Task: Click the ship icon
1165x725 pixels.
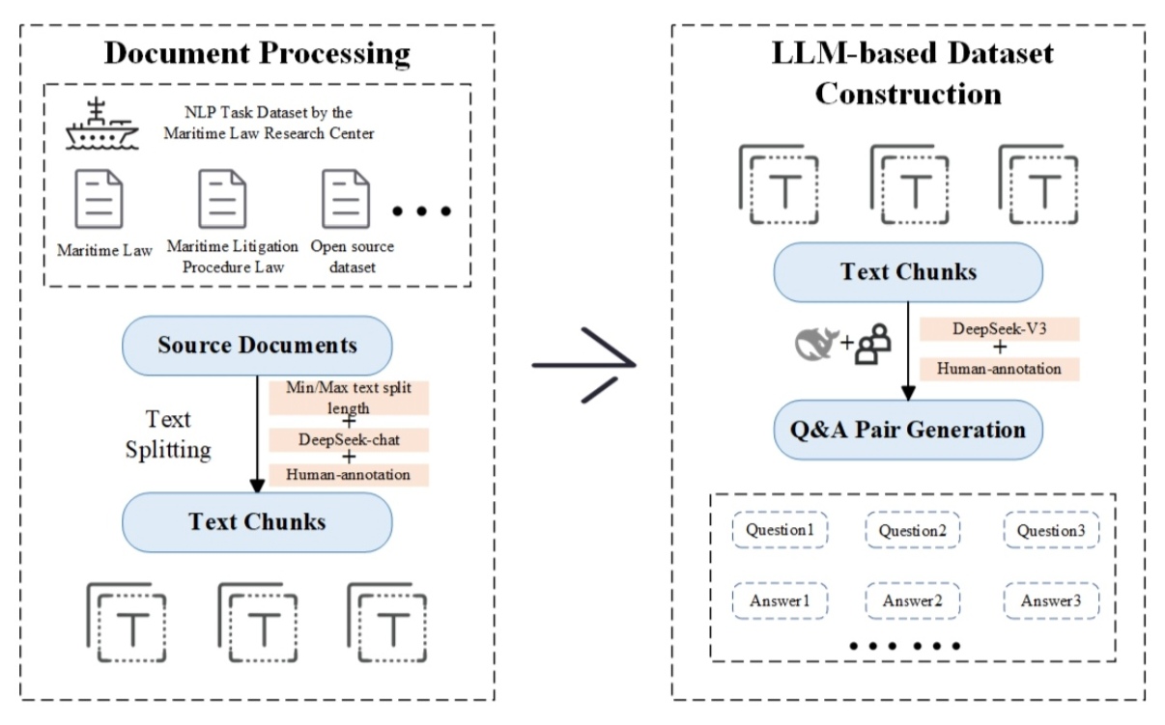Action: tap(100, 126)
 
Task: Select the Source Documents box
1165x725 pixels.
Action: tap(257, 346)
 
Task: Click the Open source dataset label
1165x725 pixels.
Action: tap(353, 257)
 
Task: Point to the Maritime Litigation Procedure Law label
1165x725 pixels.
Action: tap(232, 257)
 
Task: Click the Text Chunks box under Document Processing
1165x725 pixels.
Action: tap(257, 522)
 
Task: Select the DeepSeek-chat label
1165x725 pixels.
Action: tap(350, 439)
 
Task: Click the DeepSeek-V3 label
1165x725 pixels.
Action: tap(999, 329)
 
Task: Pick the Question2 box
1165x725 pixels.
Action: tap(912, 530)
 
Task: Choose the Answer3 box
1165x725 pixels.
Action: tap(1051, 601)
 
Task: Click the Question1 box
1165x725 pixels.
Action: tap(780, 530)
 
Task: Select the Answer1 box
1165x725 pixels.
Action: tap(780, 601)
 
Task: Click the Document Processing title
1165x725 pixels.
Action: tap(257, 52)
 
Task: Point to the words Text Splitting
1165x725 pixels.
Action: tap(168, 434)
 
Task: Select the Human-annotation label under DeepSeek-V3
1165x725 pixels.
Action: tap(999, 368)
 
